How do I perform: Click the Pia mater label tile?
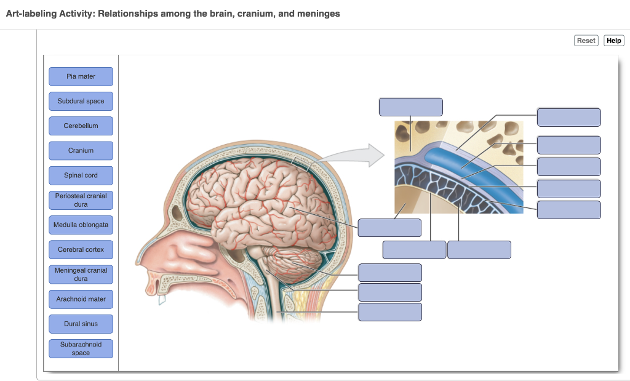[81, 76]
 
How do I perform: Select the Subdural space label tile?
[81, 101]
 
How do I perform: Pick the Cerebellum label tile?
[81, 126]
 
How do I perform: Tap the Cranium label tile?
[81, 150]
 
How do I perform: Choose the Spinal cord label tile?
[81, 175]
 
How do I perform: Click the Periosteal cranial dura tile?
[81, 200]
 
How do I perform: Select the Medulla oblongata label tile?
[81, 225]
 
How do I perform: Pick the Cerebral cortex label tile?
[81, 250]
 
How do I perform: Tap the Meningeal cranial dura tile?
[81, 275]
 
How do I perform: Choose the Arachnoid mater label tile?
[81, 299]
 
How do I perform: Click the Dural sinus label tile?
[81, 324]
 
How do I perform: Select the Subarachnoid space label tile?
[81, 348]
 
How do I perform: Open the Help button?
[613, 41]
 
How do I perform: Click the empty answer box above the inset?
[410, 106]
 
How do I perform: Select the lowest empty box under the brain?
[390, 311]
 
